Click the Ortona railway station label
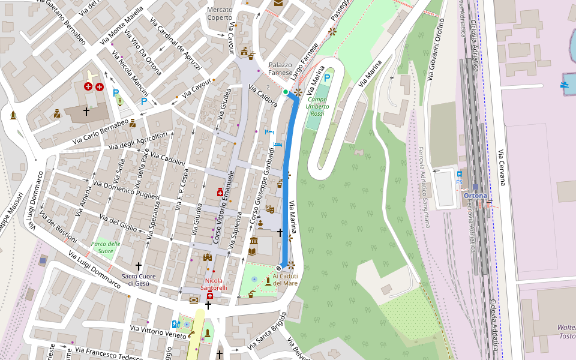pyautogui.click(x=475, y=196)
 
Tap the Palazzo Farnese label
pyautogui.click(x=280, y=68)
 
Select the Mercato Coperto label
pyautogui.click(x=219, y=14)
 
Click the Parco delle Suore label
pyautogui.click(x=106, y=247)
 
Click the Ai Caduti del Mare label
pyautogui.click(x=285, y=280)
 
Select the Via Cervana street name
pyautogui.click(x=501, y=167)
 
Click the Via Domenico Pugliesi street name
pyautogui.click(x=127, y=188)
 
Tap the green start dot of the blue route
pyautogui.click(x=286, y=92)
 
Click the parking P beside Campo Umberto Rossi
pyautogui.click(x=327, y=77)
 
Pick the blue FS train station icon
pyautogui.click(x=459, y=174)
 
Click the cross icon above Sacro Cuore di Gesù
pyautogui.click(x=139, y=266)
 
